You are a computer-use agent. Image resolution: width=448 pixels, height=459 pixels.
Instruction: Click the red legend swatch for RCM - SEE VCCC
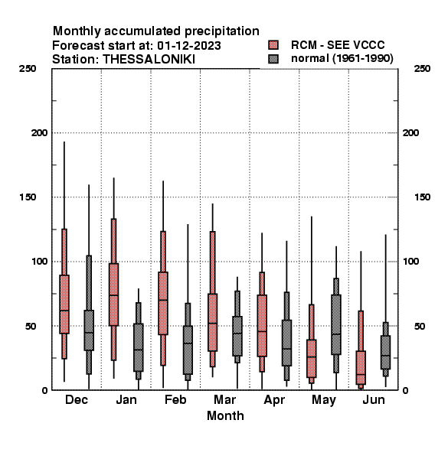click(x=273, y=45)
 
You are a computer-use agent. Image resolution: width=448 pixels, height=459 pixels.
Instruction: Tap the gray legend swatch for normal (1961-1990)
click(x=273, y=59)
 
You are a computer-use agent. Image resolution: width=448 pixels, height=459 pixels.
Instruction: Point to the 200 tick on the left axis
click(x=39, y=133)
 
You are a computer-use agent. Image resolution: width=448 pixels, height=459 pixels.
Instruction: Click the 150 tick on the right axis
click(x=422, y=197)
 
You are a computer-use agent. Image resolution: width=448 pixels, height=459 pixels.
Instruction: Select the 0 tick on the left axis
click(x=44, y=390)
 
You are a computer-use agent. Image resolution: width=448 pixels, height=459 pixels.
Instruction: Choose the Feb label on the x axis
click(x=175, y=399)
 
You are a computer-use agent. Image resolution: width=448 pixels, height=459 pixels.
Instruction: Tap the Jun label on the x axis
click(x=374, y=399)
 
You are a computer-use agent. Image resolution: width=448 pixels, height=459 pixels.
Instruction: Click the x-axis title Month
click(x=225, y=415)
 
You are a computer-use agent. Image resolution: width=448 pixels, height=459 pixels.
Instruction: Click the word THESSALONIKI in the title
click(x=149, y=60)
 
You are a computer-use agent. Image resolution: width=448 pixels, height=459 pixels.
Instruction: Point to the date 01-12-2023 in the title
click(x=189, y=46)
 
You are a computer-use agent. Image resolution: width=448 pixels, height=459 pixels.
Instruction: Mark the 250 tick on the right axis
click(x=422, y=69)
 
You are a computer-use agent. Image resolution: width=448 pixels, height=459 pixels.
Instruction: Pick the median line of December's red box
click(x=64, y=311)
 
